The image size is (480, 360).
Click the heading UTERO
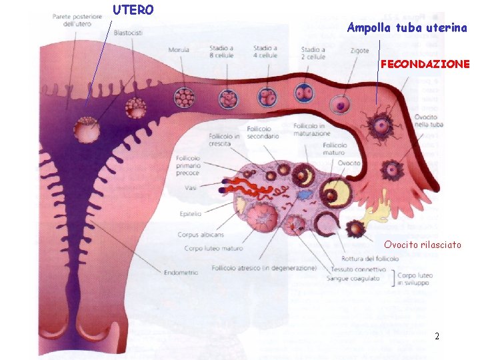[133, 10]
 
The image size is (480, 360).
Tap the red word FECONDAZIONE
[425, 64]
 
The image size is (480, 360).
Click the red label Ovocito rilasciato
[422, 245]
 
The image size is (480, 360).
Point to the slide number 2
[437, 337]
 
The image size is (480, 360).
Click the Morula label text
[179, 50]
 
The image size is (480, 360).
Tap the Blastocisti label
[127, 33]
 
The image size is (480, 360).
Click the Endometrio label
[179, 272]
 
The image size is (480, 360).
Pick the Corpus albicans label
[201, 235]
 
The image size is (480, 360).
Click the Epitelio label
[191, 213]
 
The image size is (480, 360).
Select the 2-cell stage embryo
[304, 93]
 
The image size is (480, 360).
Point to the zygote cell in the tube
[341, 105]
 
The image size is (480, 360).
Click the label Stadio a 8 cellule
[221, 51]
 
